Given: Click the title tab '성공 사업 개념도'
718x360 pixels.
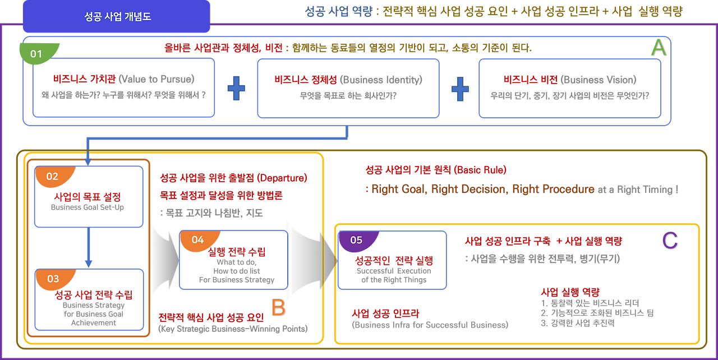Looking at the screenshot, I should pyautogui.click(x=116, y=17).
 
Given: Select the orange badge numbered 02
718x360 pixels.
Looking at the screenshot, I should pyautogui.click(x=52, y=176).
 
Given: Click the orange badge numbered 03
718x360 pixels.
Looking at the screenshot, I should pyautogui.click(x=52, y=279).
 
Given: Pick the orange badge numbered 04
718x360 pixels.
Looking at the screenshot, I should pyautogui.click(x=197, y=239).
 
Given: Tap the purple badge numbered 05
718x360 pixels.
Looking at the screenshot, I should pyautogui.click(x=356, y=240).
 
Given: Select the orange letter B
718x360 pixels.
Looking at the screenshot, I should pyautogui.click(x=278, y=308).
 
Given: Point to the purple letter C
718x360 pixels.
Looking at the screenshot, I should pyautogui.click(x=670, y=241).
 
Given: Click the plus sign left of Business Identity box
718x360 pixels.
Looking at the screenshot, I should pyautogui.click(x=236, y=89).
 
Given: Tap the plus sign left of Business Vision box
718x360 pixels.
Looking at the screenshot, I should pyautogui.click(x=459, y=89).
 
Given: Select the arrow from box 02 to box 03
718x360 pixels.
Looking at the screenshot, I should pyautogui.click(x=88, y=247).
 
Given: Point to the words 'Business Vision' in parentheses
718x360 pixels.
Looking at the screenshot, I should pyautogui.click(x=599, y=80).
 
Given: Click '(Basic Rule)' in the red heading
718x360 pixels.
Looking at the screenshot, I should pyautogui.click(x=480, y=168).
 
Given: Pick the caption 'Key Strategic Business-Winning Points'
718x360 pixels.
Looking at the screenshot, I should pyautogui.click(x=233, y=329).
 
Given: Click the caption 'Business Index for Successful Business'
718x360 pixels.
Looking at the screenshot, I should pyautogui.click(x=430, y=324).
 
